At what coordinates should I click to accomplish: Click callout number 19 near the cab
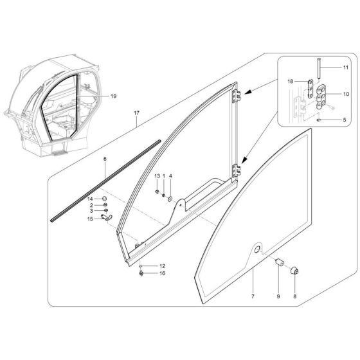(x=113, y=96)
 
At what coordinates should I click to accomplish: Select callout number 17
(x=136, y=113)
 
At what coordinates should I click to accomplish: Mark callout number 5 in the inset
(x=344, y=120)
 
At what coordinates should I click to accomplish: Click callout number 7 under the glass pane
(x=253, y=297)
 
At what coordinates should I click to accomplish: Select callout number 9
(x=278, y=297)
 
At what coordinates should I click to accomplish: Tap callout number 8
(x=295, y=297)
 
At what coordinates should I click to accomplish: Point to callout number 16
(x=162, y=274)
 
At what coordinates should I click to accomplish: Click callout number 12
(x=162, y=265)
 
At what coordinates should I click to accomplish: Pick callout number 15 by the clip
(x=90, y=219)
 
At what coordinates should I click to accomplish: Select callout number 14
(x=90, y=199)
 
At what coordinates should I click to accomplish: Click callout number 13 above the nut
(x=156, y=175)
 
